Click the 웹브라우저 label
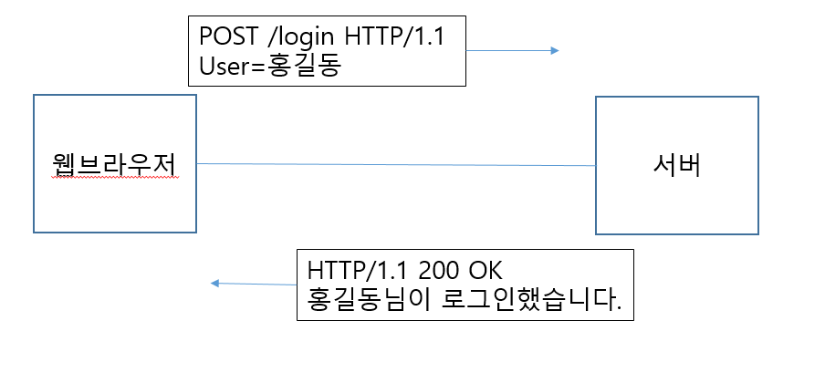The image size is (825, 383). (114, 164)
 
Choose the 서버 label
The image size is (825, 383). (676, 165)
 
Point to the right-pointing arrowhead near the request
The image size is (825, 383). (554, 51)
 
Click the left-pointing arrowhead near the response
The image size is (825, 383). (214, 284)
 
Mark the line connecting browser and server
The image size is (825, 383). (396, 164)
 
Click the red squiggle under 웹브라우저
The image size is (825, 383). (114, 180)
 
